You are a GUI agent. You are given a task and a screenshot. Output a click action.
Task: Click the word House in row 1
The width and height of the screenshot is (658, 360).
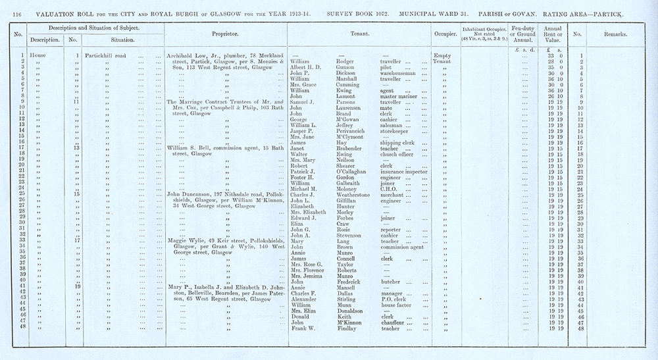[38, 56]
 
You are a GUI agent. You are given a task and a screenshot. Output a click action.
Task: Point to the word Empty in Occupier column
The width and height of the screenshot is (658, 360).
[440, 56]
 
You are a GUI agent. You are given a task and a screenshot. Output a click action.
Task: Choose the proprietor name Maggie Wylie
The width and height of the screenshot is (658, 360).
[186, 240]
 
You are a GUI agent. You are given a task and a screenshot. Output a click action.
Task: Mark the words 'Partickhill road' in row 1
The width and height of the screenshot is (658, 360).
[110, 56]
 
